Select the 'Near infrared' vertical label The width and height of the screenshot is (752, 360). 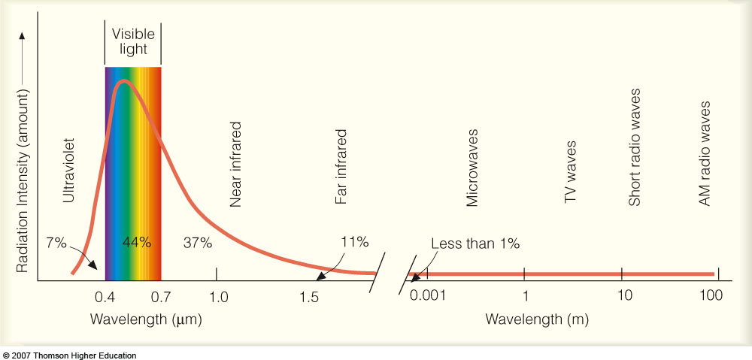[x=235, y=164]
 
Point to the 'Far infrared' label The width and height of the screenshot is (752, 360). [x=341, y=167]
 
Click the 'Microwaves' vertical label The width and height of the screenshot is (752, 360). [x=472, y=167]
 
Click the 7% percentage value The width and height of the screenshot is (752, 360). [x=56, y=242]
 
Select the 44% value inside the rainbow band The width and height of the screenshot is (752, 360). [x=137, y=242]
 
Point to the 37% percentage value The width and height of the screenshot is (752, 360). [x=198, y=242]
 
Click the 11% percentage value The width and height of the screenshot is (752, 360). [x=353, y=241]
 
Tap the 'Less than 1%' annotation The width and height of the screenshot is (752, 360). [x=475, y=243]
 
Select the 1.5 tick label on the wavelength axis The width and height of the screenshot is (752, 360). [x=309, y=296]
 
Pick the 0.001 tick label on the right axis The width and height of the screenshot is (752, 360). [x=428, y=295]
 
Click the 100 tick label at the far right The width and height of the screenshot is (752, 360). [x=710, y=295]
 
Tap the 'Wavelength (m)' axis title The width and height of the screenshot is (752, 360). [x=537, y=319]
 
